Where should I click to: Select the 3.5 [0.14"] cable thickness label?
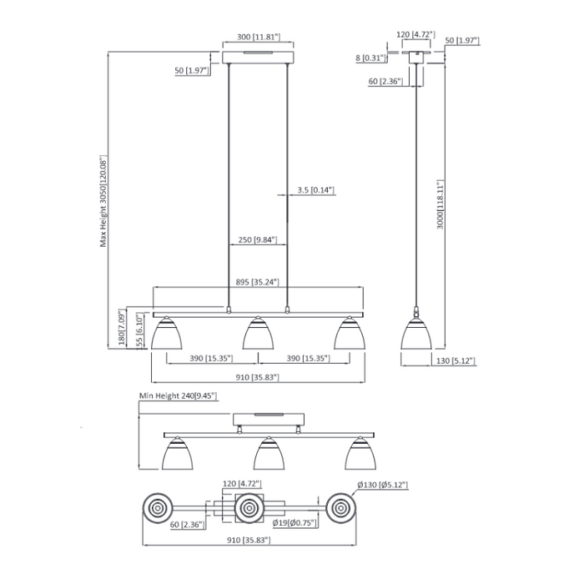coord(315,190)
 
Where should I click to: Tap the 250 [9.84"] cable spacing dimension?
coord(258,240)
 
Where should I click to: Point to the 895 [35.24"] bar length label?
coord(258,281)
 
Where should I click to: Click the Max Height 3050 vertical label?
coord(104,200)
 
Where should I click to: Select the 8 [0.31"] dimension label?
coord(370,58)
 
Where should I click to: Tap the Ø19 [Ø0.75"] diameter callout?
coord(292,523)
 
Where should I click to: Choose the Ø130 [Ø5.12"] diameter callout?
coord(383,485)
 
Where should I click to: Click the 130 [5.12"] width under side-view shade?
coord(456,360)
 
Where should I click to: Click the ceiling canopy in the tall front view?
coord(258,57)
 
